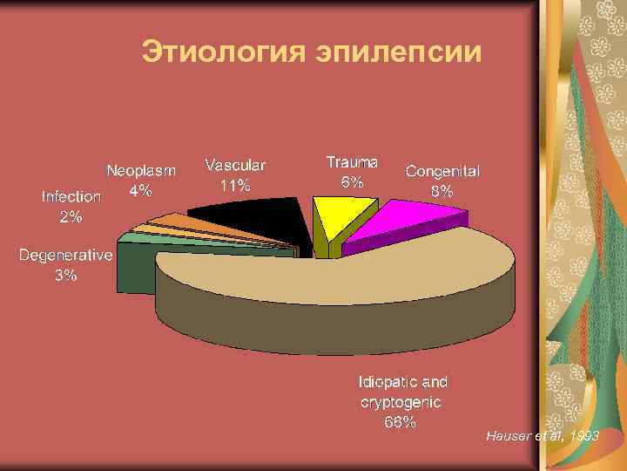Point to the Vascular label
click(x=235, y=164)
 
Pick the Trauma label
click(x=352, y=162)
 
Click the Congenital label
click(x=442, y=171)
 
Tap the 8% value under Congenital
click(x=442, y=191)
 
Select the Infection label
click(x=71, y=196)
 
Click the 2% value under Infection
click(x=71, y=216)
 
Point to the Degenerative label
click(x=66, y=256)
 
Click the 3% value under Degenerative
click(x=66, y=276)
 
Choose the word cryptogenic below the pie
click(x=401, y=402)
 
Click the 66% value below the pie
click(x=401, y=423)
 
